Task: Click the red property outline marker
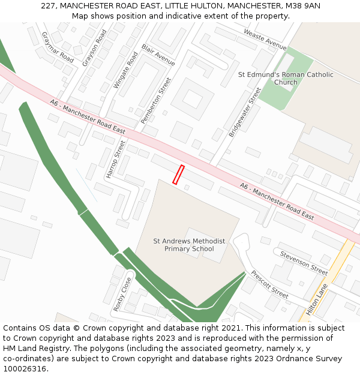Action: pos(178,174)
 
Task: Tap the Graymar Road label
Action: pos(58,47)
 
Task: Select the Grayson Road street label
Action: pos(95,48)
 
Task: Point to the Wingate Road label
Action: pos(125,71)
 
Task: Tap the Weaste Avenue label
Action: pos(265,39)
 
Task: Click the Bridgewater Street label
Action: pos(245,112)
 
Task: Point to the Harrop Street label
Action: pos(117,160)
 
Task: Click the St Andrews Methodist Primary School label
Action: pos(189,245)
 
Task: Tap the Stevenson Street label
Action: pos(304,263)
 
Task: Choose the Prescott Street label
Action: pos(270,284)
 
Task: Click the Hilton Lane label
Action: pos(317,299)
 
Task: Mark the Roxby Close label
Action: pos(122,294)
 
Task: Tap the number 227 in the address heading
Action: pos(48,6)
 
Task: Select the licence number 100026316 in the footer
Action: pos(25,368)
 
